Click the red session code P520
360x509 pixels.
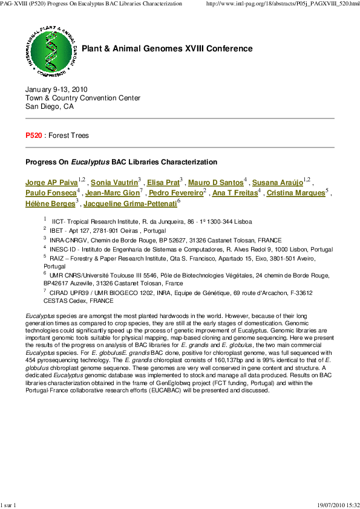coord(33,136)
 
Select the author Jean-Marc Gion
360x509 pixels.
coord(112,193)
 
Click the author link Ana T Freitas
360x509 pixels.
coord(235,193)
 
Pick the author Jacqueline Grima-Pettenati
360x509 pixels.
coord(130,204)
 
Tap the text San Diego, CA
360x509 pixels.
coord(50,106)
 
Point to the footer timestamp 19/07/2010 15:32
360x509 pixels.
coord(338,504)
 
